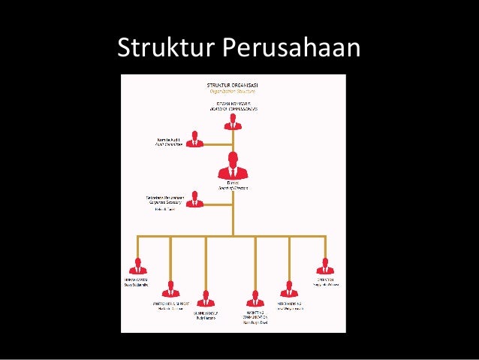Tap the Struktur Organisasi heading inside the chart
(x=233, y=85)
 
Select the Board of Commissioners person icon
(x=233, y=121)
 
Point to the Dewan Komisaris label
(x=233, y=105)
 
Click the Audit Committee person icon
(x=195, y=139)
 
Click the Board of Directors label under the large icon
(x=233, y=186)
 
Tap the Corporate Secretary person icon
(x=195, y=199)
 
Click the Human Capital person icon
(x=137, y=266)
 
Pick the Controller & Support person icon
(x=170, y=289)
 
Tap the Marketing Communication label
(x=255, y=315)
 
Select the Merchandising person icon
(x=289, y=289)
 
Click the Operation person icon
(x=324, y=266)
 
